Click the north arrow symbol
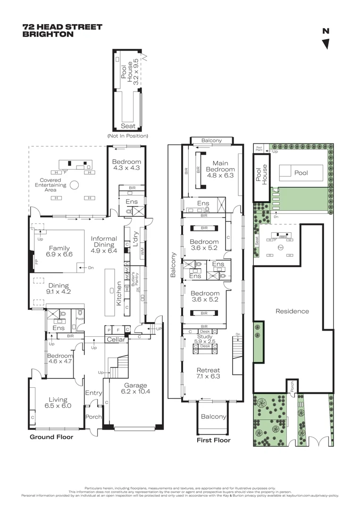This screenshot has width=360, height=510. [326, 44]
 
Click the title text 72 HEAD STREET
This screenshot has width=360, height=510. [62, 27]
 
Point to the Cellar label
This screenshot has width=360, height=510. [117, 340]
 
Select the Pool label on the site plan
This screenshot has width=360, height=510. [301, 173]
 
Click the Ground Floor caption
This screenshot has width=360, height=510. [51, 437]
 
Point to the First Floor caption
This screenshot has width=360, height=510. [213, 440]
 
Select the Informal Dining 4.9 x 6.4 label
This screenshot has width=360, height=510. [103, 242]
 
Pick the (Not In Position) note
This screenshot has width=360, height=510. [128, 136]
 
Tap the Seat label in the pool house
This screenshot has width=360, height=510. [128, 126]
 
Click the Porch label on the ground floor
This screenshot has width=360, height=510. [93, 417]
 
